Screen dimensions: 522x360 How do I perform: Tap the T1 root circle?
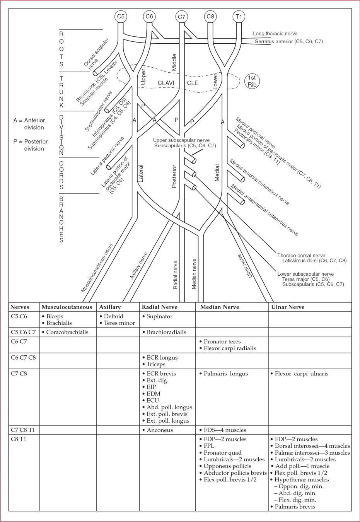click(239, 17)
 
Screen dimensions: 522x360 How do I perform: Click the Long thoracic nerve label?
click(275, 34)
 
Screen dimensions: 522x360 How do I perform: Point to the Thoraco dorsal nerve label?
click(302, 256)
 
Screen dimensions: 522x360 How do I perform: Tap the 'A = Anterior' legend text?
click(29, 120)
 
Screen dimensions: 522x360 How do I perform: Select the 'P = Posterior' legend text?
click(31, 142)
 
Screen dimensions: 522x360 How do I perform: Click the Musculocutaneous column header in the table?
click(67, 307)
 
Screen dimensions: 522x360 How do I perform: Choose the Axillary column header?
click(110, 307)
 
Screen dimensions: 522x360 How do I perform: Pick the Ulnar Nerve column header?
click(288, 307)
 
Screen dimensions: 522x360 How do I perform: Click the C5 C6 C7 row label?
click(23, 332)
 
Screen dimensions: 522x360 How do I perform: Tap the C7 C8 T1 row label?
click(23, 430)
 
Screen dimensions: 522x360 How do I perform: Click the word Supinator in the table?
click(159, 316)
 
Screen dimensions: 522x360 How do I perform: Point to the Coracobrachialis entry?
click(67, 332)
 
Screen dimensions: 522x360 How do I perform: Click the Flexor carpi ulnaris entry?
click(301, 374)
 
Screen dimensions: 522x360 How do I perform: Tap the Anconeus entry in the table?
click(159, 430)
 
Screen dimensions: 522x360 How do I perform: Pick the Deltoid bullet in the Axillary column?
click(113, 316)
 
